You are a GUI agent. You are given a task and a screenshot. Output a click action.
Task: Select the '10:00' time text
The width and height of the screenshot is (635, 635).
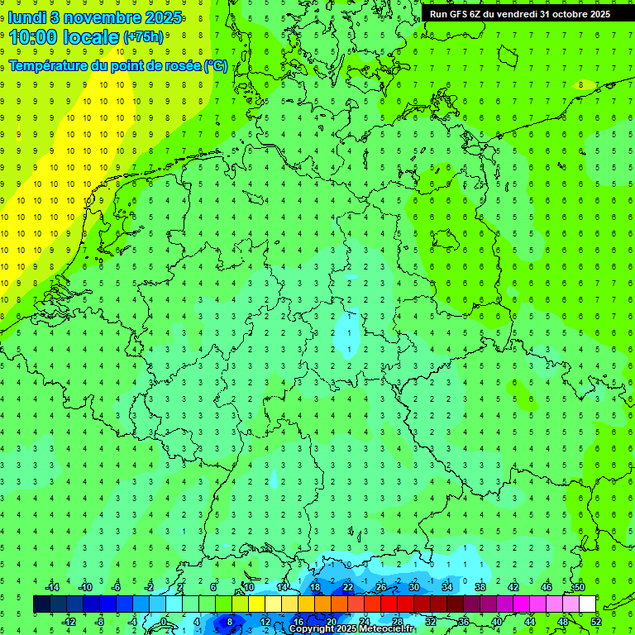click(x=36, y=37)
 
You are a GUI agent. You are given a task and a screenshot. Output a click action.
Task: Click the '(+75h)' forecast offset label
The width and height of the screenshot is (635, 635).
click(x=143, y=37)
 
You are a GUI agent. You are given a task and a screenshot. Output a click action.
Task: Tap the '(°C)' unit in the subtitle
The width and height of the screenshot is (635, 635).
click(x=217, y=66)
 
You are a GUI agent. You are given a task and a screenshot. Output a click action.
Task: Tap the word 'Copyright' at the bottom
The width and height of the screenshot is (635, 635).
click(x=312, y=629)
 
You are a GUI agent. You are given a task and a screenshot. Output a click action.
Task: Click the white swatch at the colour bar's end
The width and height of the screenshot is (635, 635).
click(x=587, y=604)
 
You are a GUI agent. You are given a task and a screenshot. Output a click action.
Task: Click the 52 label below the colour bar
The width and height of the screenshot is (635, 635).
click(x=596, y=622)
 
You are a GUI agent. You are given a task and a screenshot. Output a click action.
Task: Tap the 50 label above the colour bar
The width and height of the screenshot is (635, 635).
click(x=579, y=587)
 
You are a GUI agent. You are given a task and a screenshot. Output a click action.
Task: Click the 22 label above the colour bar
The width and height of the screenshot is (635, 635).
click(x=347, y=587)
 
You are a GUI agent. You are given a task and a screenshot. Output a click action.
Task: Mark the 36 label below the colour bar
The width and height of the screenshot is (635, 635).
click(x=464, y=622)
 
